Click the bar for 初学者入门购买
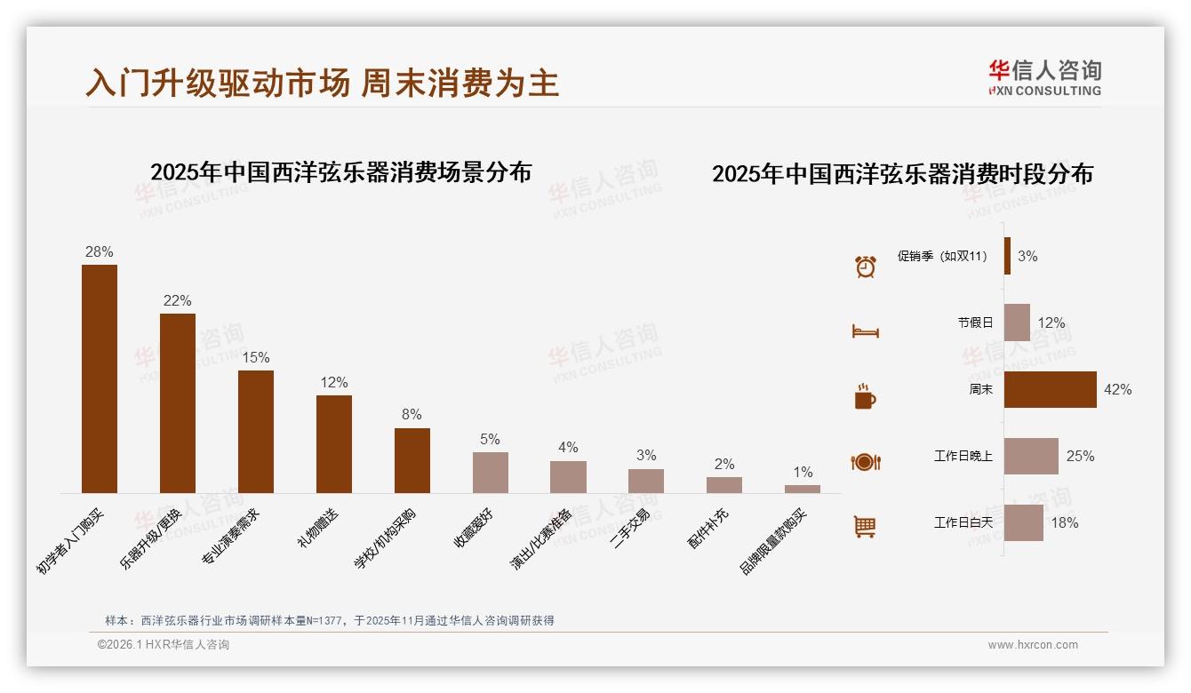point(100,378)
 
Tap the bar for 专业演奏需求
point(256,431)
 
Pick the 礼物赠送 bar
point(334,443)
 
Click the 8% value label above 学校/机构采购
point(412,414)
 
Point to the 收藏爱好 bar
point(491,472)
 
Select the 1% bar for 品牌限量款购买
point(803,489)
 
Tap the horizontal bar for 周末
point(1050,389)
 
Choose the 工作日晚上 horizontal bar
point(1031,456)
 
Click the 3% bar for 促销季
point(1007,256)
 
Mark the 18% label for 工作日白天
point(1065,522)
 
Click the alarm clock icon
point(866,266)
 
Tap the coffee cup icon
point(865,396)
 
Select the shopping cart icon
point(865,526)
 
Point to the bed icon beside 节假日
point(865,331)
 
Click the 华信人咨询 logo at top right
point(1044,77)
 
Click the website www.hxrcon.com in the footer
point(1033,645)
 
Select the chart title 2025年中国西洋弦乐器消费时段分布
point(902,173)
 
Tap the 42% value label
point(1117,389)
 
